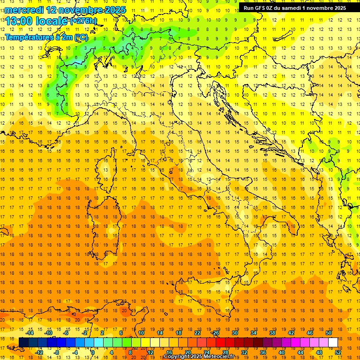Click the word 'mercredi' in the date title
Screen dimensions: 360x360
[x=24, y=10]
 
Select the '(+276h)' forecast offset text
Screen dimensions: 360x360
[x=83, y=21]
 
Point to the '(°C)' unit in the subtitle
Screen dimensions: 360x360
[x=81, y=37]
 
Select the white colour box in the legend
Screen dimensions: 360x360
[x=333, y=342]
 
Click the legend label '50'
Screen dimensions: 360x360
[x=328, y=333]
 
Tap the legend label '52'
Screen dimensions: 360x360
[x=337, y=352]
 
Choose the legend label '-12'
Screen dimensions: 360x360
[x=39, y=352]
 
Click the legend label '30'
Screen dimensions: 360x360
[x=234, y=333]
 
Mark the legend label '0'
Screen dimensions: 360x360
[x=93, y=352]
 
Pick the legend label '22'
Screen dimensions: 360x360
[x=197, y=333]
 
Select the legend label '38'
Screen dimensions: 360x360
[x=272, y=333]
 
